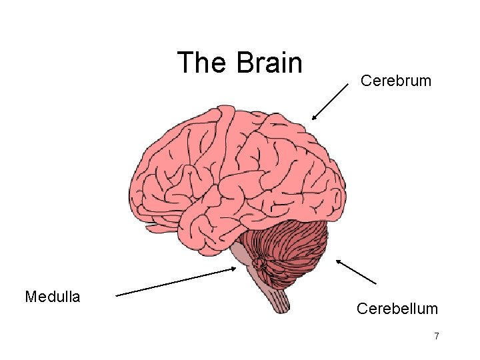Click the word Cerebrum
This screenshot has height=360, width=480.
[x=396, y=81]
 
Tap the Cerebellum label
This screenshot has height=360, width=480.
[x=397, y=309]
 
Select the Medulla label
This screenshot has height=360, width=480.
[x=52, y=297]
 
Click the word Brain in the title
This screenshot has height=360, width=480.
[x=269, y=63]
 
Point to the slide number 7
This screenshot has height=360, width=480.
[x=436, y=336]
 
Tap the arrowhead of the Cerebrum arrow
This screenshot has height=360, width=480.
[x=313, y=118]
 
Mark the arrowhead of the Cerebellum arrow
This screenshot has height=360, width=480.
[x=338, y=261]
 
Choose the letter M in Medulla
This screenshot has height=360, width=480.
[x=31, y=297]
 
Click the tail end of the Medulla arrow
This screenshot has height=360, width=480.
[x=117, y=293]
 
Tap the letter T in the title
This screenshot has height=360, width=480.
[x=185, y=63]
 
